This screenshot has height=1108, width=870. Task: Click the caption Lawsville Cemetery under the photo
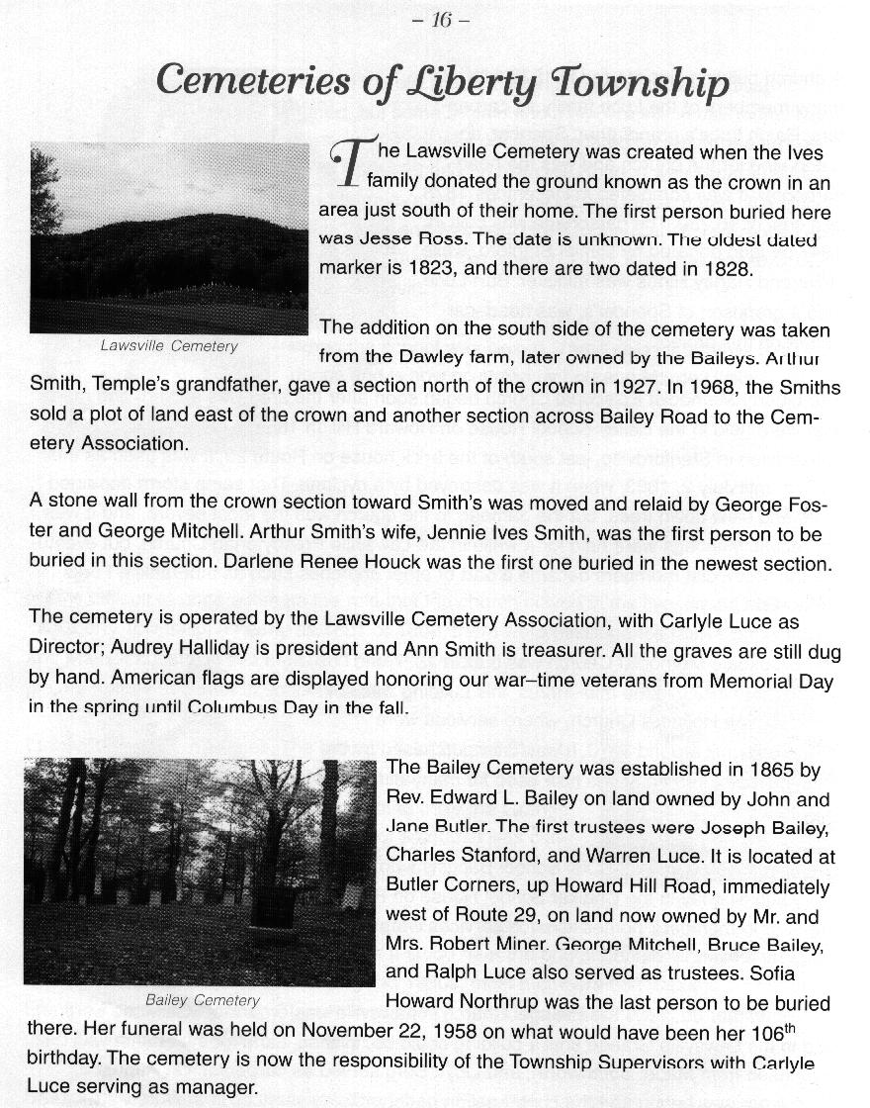tap(169, 346)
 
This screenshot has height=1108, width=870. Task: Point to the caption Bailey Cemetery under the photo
tap(202, 1000)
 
